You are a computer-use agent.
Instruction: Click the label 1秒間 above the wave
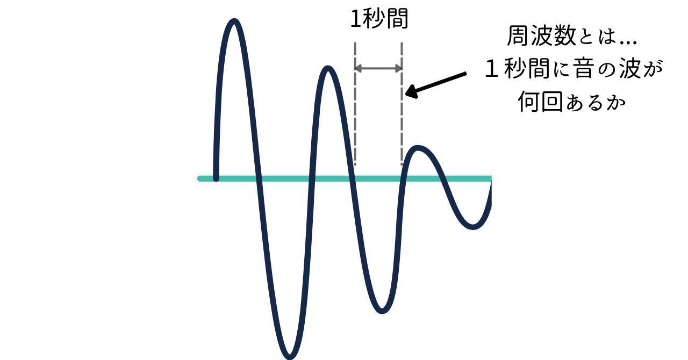[x=379, y=19]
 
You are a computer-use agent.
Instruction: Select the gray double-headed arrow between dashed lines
[x=378, y=68]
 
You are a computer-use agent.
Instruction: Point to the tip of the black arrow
[x=406, y=96]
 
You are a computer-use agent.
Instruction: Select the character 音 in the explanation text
[x=580, y=69]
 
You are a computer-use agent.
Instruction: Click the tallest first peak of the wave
[x=234, y=22]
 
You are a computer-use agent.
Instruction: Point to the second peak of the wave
[x=329, y=69]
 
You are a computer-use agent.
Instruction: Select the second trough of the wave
[x=382, y=311]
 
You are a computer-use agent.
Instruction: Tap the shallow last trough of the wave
[x=472, y=227]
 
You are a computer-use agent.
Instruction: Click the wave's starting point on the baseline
[x=216, y=178]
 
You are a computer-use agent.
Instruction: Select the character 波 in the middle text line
[x=629, y=69]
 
